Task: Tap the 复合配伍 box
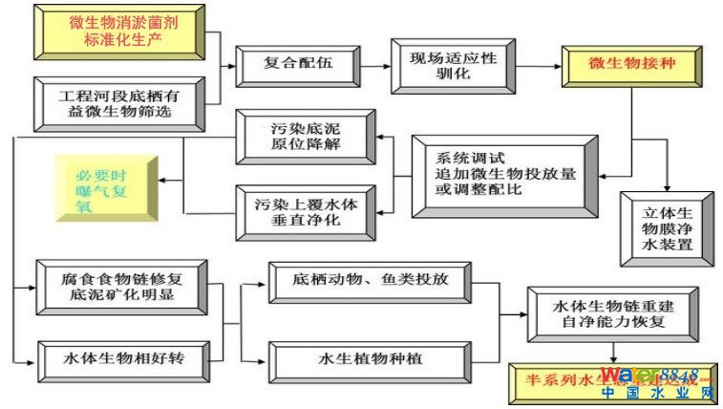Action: (297, 65)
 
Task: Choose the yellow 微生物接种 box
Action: (620, 65)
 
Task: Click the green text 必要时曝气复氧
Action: (105, 185)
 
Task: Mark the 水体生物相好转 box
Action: (118, 358)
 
